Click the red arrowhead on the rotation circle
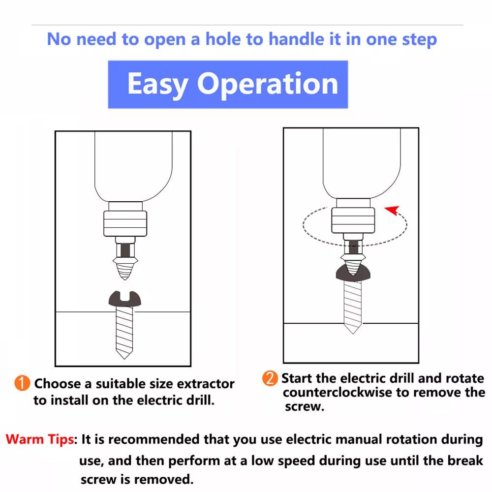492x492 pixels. pyautogui.click(x=393, y=210)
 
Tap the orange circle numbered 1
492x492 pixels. pyautogui.click(x=22, y=383)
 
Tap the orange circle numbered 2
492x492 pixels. pyautogui.click(x=270, y=378)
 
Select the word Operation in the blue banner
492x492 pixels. pyautogui.click(x=267, y=84)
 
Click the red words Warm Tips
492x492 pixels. pyautogui.click(x=40, y=439)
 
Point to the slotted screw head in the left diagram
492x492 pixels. pyautogui.click(x=125, y=299)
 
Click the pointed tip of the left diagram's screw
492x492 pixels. pyautogui.click(x=124, y=358)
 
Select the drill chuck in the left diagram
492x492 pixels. pyautogui.click(x=125, y=223)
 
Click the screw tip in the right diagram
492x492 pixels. pyautogui.click(x=353, y=333)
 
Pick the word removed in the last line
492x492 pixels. pyautogui.click(x=163, y=479)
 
